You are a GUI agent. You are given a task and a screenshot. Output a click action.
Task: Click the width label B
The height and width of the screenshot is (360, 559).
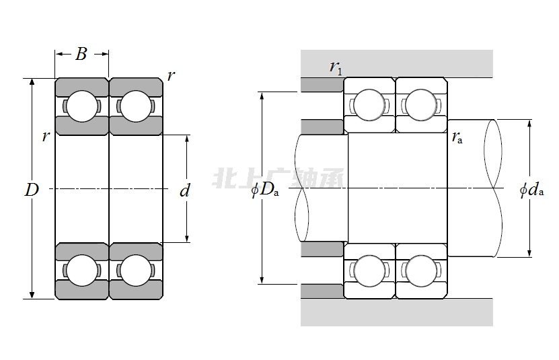[81, 55]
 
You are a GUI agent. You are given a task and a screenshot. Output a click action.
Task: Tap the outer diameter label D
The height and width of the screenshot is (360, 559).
[31, 190]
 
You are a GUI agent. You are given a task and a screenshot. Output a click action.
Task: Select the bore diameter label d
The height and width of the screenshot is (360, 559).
[185, 191]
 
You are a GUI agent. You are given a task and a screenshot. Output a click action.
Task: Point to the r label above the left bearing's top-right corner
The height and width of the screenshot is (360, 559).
[171, 76]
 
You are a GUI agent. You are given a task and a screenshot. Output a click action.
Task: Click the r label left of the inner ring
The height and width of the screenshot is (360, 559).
[45, 137]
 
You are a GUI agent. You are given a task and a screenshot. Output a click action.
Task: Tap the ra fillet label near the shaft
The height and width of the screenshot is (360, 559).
[457, 138]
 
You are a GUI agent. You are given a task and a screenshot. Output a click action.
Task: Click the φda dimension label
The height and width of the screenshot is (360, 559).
[531, 190]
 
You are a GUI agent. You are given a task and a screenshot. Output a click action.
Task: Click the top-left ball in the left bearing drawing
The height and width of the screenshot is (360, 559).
[81, 106]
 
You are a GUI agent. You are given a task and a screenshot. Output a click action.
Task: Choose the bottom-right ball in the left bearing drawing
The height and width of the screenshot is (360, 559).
[135, 271]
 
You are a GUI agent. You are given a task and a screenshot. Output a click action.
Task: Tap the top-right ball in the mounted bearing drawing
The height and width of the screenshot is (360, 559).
[421, 105]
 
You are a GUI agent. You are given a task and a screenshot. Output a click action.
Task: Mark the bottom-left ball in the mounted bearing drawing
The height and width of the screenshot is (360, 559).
[369, 271]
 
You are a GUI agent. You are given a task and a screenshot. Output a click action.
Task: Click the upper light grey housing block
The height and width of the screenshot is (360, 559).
[397, 63]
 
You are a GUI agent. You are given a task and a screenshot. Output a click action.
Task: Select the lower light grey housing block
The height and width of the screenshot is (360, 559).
[397, 312]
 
